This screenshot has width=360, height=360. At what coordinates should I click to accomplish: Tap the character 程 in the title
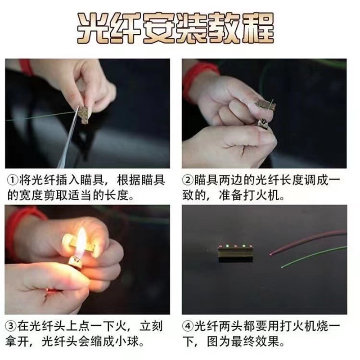(258, 28)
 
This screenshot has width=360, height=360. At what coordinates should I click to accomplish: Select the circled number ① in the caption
(13, 180)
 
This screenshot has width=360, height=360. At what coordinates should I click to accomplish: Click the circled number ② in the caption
(188, 180)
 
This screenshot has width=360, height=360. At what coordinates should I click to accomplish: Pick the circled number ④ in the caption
(188, 326)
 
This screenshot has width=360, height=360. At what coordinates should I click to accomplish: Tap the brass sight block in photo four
(235, 253)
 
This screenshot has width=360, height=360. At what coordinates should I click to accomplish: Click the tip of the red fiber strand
(270, 254)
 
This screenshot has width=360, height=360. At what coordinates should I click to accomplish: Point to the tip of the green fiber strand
(282, 266)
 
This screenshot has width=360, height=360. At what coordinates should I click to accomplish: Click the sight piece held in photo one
(85, 115)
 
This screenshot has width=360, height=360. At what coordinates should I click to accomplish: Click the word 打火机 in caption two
(261, 195)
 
